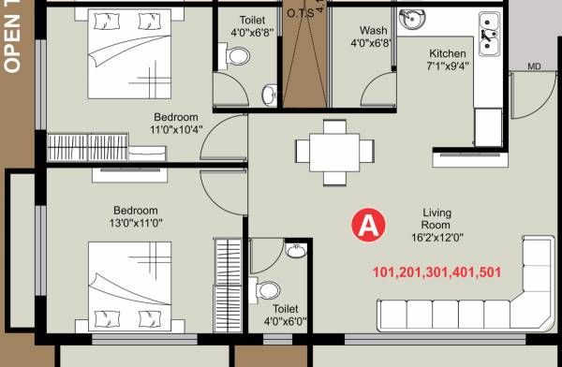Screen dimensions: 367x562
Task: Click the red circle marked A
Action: tap(369, 226)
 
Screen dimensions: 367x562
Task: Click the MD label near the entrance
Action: tap(534, 66)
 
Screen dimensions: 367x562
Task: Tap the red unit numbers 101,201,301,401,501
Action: tap(436, 273)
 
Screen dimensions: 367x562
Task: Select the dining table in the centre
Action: tap(327, 149)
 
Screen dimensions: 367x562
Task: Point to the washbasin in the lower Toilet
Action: tap(296, 251)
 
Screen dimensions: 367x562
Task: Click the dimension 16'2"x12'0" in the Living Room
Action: tap(436, 239)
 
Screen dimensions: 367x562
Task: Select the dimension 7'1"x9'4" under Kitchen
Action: tap(448, 66)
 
